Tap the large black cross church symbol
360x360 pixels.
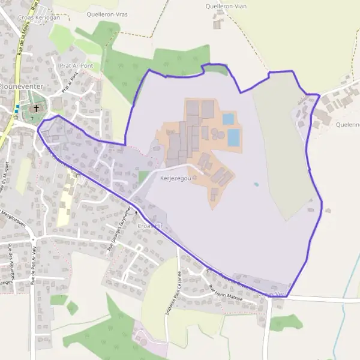tap(37, 108)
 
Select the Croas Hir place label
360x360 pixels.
tap(150, 226)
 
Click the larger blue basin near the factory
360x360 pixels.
tap(233, 137)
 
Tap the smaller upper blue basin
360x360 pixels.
tap(228, 119)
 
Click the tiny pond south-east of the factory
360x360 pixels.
tap(256, 184)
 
